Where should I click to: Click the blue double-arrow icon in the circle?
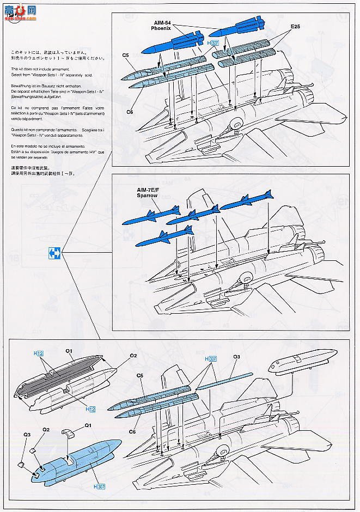pos(53,252)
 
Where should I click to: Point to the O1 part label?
pos(69,351)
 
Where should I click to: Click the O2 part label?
pos(133,355)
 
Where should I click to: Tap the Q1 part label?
pos(88,425)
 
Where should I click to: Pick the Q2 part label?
pos(46,429)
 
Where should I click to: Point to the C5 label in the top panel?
pos(125,55)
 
